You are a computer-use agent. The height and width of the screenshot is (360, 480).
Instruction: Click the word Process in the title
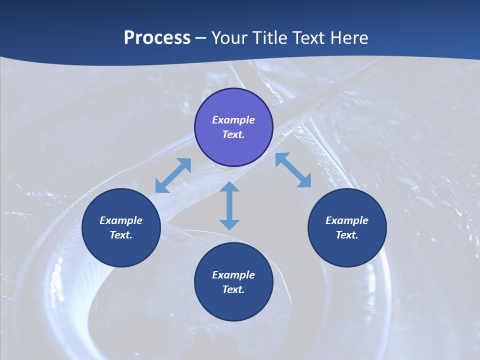157,38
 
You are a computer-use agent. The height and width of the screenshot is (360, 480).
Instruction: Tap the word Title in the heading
270,38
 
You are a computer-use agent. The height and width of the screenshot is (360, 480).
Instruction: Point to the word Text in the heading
308,38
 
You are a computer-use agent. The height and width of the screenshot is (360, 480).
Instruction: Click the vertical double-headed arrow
229,205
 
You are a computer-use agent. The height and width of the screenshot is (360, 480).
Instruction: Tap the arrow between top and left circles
173,175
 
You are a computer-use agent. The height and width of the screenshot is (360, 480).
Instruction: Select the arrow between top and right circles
293,170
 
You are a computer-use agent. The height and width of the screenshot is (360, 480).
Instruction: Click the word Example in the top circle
233,120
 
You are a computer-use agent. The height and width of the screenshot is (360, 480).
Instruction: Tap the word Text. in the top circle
233,134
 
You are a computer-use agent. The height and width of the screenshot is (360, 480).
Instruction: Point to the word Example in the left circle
121,220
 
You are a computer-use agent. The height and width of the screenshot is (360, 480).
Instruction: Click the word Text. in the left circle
121,235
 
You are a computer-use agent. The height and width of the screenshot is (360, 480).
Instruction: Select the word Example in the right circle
347,220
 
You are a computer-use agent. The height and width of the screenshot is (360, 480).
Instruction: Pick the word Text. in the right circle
347,235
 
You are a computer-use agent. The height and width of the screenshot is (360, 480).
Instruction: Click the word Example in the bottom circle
233,275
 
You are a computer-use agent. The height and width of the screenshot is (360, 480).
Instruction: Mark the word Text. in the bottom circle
233,289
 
